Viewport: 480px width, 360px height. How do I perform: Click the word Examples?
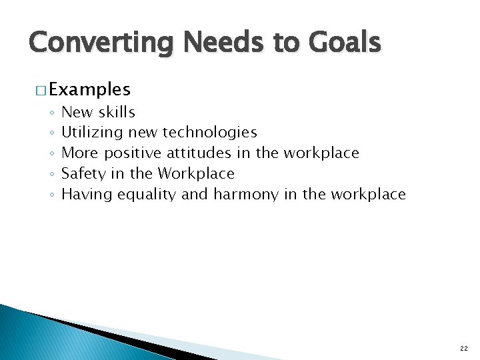coord(89,89)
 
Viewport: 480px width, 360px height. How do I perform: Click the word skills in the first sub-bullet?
coord(117,113)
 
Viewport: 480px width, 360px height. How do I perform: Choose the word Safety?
coord(82,174)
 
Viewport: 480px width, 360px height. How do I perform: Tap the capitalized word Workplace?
coord(196,174)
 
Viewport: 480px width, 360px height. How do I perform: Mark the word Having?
coord(87,195)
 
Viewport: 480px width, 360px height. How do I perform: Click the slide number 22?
coord(464,349)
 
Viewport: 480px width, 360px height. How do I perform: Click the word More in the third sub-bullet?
coord(77,153)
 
